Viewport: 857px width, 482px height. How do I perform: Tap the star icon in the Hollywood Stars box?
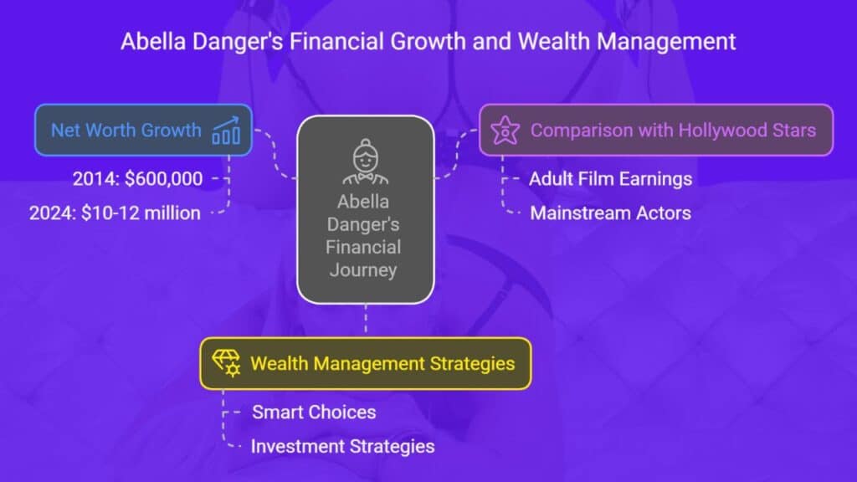[505, 130]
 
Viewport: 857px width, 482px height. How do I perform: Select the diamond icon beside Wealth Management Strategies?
[226, 363]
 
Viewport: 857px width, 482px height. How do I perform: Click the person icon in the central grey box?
[365, 162]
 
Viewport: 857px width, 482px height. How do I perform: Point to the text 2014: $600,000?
[138, 179]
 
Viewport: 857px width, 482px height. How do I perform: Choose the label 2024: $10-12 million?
[115, 213]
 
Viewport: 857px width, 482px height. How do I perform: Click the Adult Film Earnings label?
[610, 179]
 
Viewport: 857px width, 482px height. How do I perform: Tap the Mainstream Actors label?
[610, 213]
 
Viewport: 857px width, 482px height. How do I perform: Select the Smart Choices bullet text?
[314, 412]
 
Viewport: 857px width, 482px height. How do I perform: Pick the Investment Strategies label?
[342, 447]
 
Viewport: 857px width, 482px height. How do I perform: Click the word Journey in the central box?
[363, 270]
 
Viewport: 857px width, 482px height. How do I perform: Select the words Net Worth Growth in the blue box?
[126, 130]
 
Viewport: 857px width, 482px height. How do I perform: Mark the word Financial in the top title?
[336, 42]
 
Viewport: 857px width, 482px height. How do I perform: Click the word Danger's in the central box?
[363, 224]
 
